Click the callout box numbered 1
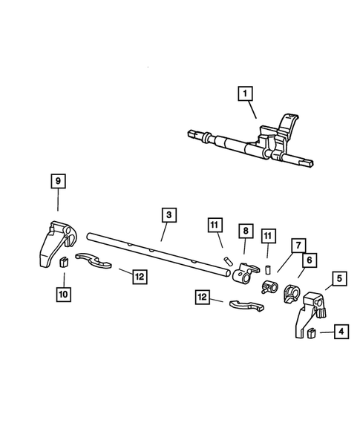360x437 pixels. [x=244, y=94]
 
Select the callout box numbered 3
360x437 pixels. [x=169, y=214]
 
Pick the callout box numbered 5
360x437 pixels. [x=339, y=279]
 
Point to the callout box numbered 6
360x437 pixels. [x=307, y=260]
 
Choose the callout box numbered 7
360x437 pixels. [x=297, y=245]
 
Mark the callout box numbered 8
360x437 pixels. [x=244, y=231]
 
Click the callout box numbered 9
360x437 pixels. [x=58, y=180]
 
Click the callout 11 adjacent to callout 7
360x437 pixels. [x=268, y=236]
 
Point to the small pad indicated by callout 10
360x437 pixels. [x=63, y=260]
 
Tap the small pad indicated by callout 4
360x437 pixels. [x=312, y=332]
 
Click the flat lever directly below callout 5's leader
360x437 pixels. [x=245, y=303]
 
